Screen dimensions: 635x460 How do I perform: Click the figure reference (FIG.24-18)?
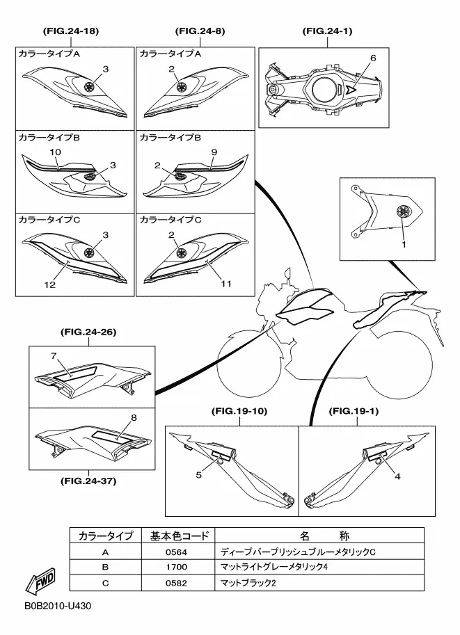coord(70,31)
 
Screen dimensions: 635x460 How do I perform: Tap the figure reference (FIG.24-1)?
coord(328,31)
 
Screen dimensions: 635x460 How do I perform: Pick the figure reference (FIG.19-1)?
coord(355,412)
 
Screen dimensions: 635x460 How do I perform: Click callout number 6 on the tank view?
coord(373,58)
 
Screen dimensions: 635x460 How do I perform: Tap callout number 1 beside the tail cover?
coord(402,244)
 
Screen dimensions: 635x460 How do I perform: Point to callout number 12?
coord(50,284)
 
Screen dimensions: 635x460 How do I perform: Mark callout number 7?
coord(52,356)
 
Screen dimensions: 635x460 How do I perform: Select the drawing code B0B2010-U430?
coord(56,606)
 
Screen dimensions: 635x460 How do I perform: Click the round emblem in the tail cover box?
coord(402,213)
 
